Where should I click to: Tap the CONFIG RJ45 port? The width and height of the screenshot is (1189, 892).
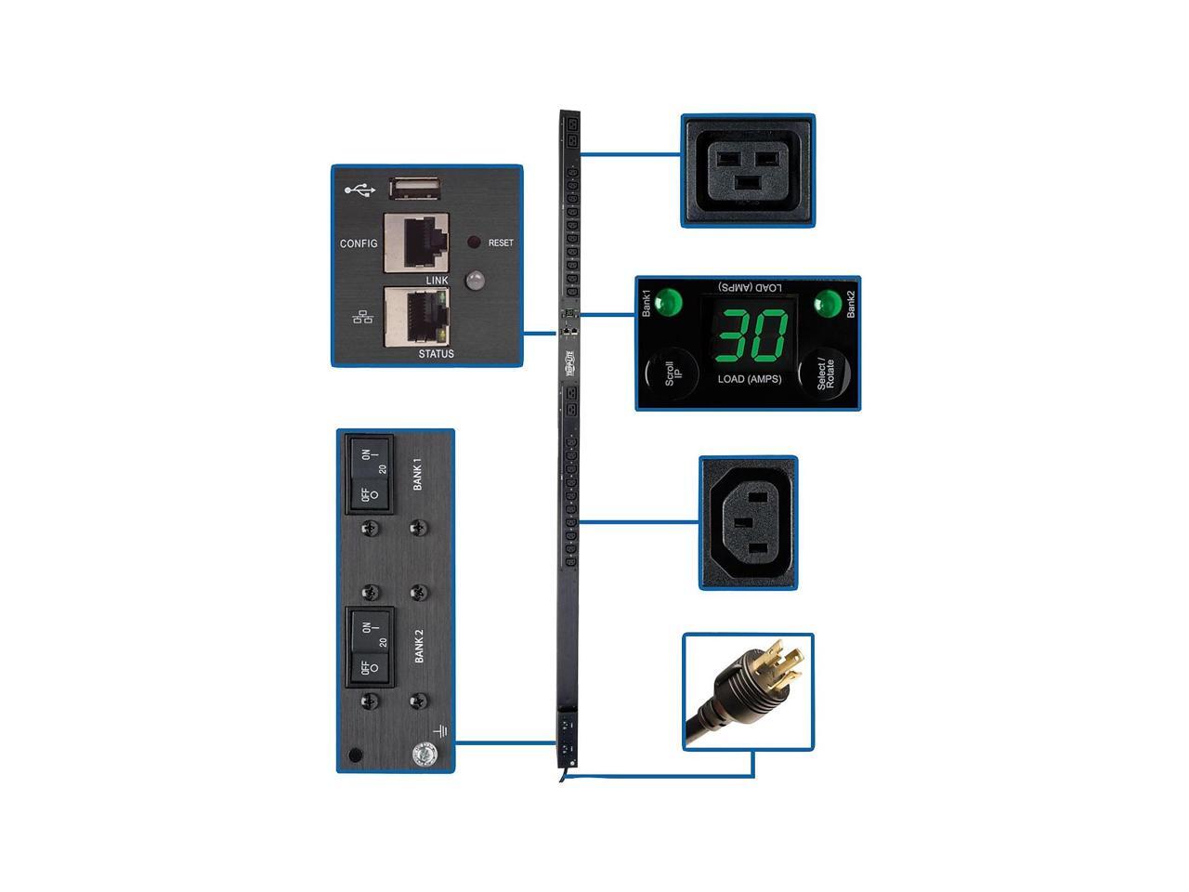(416, 243)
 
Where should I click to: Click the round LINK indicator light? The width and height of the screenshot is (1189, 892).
(475, 280)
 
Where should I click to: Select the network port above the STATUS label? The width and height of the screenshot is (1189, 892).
(416, 316)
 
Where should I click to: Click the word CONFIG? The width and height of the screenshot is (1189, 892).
(359, 243)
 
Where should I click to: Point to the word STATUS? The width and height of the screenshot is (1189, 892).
(436, 354)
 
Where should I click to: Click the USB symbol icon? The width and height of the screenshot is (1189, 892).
(359, 190)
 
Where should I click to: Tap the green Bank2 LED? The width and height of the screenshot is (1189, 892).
(826, 303)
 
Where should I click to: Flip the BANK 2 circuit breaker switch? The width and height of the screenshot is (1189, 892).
(370, 647)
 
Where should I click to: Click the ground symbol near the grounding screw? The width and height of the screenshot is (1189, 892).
(439, 732)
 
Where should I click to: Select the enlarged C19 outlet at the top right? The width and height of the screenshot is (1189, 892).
(749, 170)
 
